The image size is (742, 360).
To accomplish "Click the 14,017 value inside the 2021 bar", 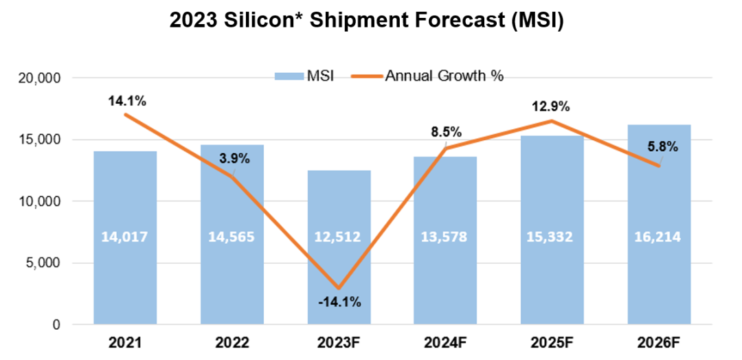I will [125, 237].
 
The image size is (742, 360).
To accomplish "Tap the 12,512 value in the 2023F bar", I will [339, 237].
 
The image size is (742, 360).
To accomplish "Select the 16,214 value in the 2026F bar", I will [659, 237].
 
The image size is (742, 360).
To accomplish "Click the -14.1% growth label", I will [339, 302].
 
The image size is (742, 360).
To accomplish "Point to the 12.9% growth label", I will [553, 106].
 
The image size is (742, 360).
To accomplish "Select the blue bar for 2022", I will [232, 275].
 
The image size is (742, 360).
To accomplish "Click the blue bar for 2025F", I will [552, 275].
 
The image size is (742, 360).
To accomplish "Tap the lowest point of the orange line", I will [339, 287].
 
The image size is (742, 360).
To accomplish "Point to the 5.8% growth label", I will [662, 146].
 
